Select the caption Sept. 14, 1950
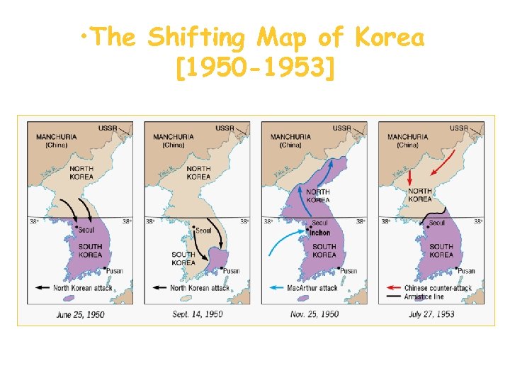198,314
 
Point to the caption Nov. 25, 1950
315,314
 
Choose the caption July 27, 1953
431,314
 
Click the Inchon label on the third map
320,233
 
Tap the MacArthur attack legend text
312,288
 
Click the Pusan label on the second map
232,271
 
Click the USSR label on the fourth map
459,128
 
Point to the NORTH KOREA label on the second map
198,172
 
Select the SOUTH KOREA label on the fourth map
441,250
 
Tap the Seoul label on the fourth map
438,223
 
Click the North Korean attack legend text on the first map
81,288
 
